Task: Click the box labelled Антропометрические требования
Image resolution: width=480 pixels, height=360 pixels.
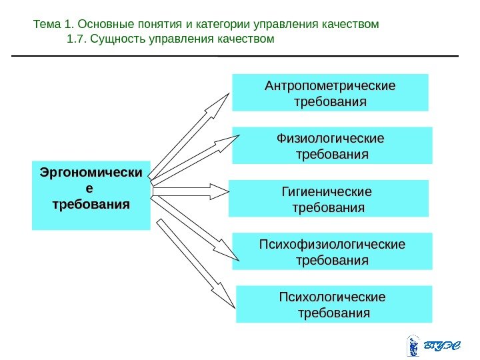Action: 330,93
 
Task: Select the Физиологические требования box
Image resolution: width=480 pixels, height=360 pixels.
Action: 332,145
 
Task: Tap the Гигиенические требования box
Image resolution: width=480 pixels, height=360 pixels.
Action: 329,198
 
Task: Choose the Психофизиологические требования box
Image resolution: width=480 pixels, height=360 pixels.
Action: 332,251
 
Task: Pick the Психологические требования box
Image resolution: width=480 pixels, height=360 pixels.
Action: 334,304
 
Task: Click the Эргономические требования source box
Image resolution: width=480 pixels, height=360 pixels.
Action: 91,194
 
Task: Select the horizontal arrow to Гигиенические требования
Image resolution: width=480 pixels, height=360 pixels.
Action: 190,192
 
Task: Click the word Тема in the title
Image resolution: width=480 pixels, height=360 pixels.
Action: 46,25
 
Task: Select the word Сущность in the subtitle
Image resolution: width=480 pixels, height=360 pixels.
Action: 116,39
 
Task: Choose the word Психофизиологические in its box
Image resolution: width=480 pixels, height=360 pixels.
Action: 332,243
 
